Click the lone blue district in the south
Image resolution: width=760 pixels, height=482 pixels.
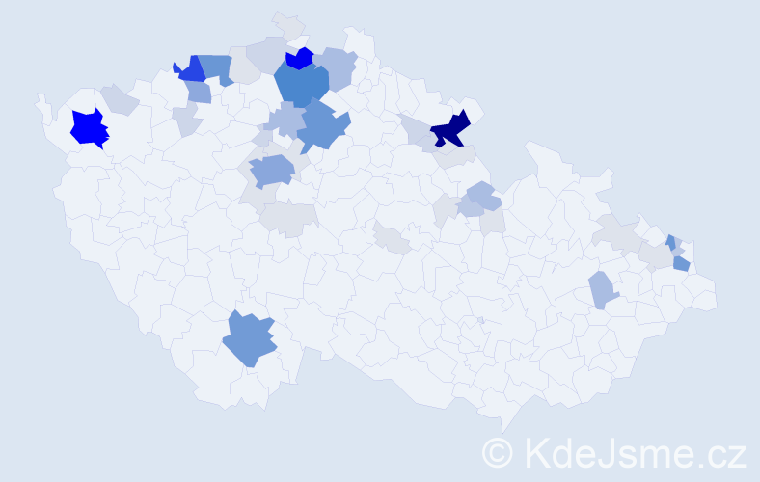click(250, 340)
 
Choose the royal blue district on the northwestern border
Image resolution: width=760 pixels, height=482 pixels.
click(191, 69)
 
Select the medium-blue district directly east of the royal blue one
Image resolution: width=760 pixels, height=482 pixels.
click(216, 68)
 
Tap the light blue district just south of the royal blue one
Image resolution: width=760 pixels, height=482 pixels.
click(199, 93)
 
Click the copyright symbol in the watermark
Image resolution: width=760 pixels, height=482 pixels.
click(498, 451)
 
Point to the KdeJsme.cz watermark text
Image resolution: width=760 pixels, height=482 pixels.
click(634, 451)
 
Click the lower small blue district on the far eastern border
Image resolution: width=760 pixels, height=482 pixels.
click(681, 263)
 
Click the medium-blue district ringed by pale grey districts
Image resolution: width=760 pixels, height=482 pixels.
click(272, 172)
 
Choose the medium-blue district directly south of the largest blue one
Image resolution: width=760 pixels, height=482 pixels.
click(323, 128)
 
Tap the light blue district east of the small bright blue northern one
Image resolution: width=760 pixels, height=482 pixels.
click(338, 67)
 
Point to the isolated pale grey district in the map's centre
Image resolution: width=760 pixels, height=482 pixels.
click(392, 237)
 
